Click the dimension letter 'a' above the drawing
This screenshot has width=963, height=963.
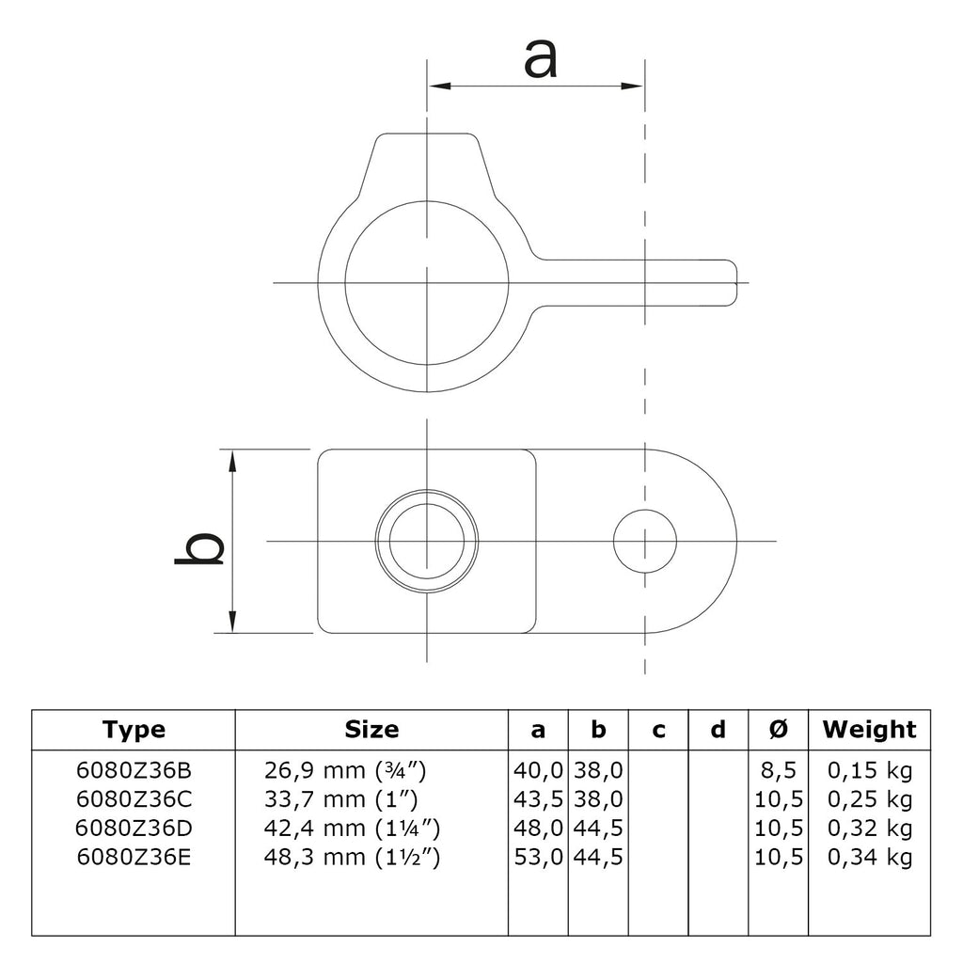[x=541, y=58]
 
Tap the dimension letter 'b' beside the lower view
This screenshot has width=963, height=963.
[x=199, y=548]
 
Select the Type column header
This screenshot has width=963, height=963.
[x=134, y=730]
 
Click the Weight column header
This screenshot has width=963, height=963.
[x=869, y=730]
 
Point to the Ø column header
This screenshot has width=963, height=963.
[x=778, y=730]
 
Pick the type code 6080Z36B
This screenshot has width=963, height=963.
[x=134, y=770]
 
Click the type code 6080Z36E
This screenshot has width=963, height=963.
[x=134, y=857]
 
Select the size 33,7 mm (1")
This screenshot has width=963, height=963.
[x=340, y=799]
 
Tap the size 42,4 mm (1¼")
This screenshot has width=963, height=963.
[x=352, y=829]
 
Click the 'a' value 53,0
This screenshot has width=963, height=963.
[x=538, y=857]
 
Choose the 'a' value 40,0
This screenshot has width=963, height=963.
[x=538, y=770]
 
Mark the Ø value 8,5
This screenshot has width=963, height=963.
[x=778, y=770]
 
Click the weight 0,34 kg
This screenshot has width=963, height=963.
[x=870, y=857]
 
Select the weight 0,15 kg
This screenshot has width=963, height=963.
[x=870, y=770]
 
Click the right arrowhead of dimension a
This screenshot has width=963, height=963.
[x=633, y=86]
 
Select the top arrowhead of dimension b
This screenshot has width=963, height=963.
[x=233, y=461]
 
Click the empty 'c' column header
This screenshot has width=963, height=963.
[x=658, y=730]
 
